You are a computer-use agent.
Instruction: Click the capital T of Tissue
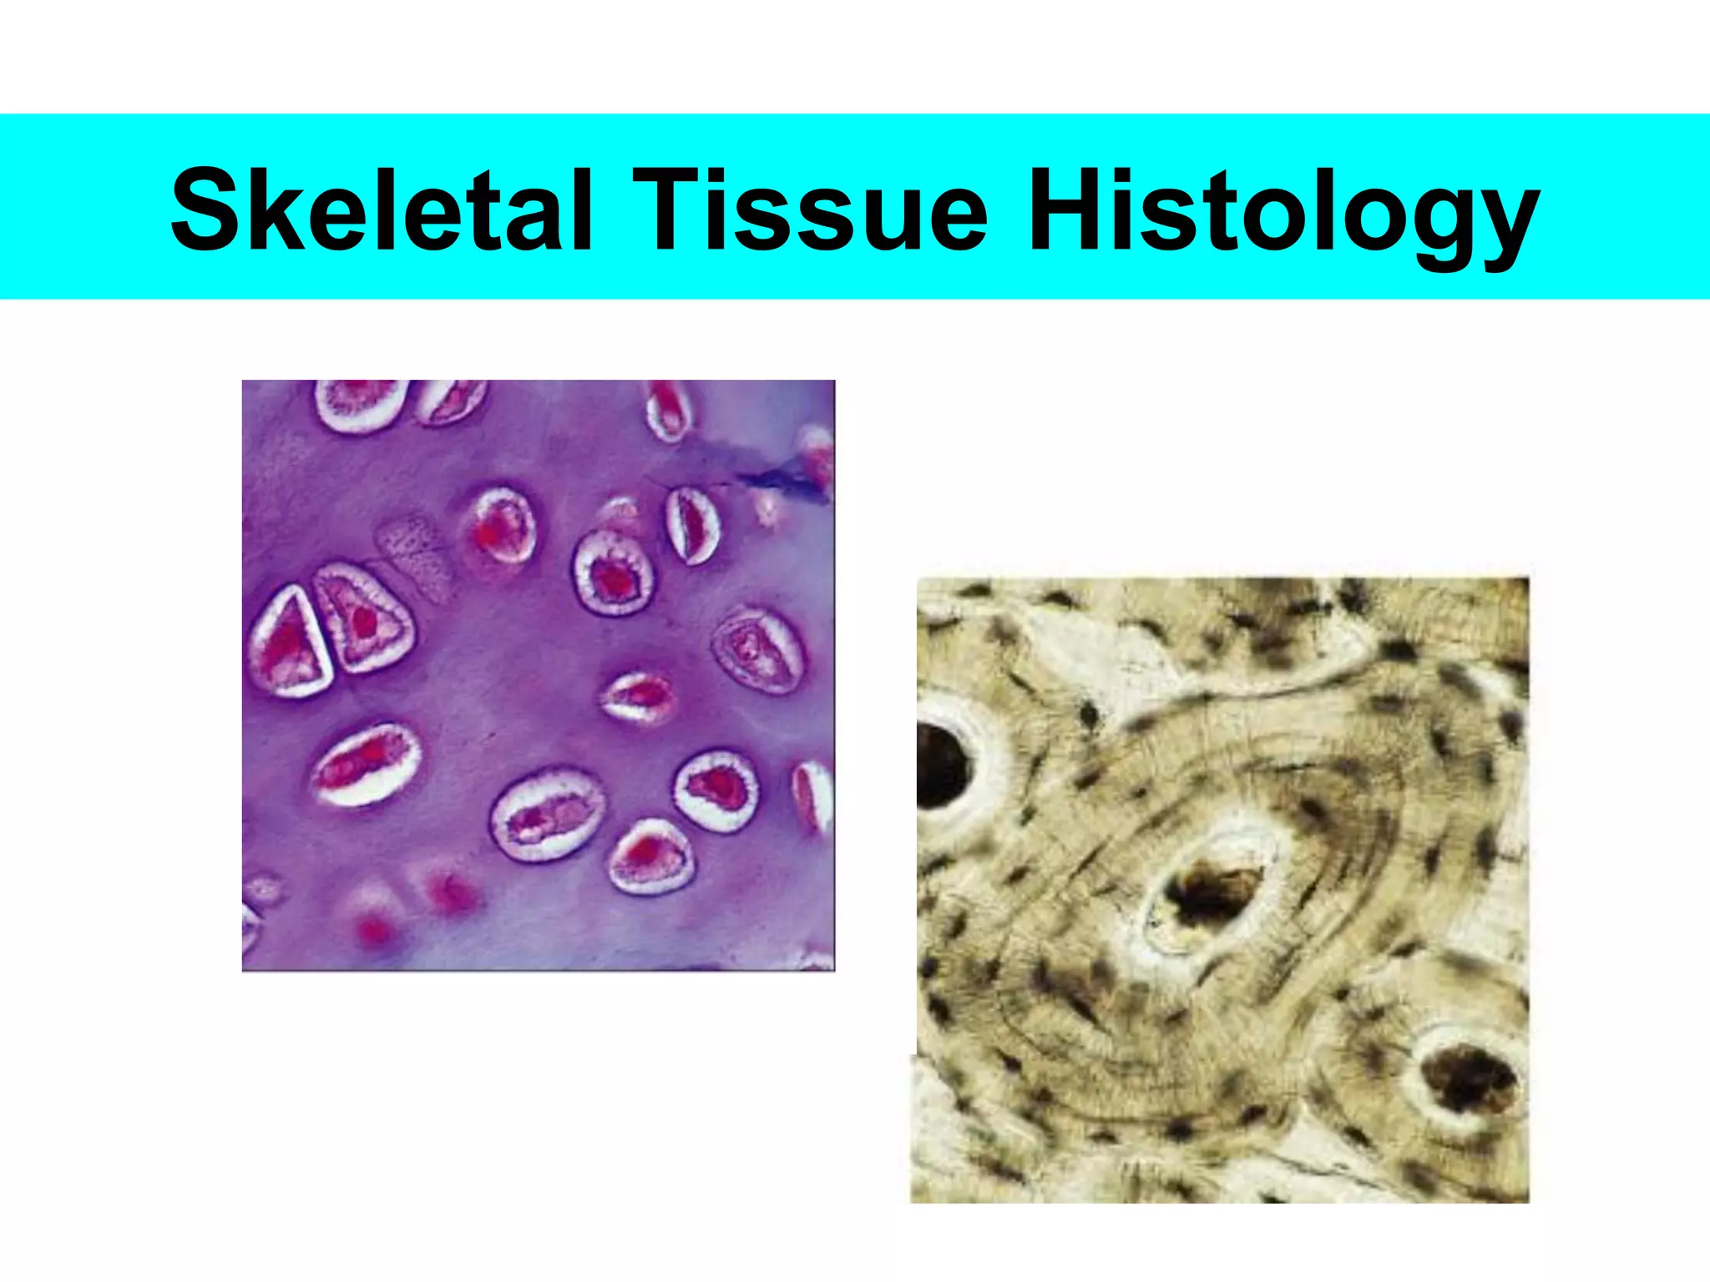click(672, 208)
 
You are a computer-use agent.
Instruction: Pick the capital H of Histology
click(1072, 208)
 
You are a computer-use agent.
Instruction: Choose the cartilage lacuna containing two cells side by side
click(548, 815)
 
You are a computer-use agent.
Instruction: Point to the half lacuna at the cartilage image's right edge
click(813, 797)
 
